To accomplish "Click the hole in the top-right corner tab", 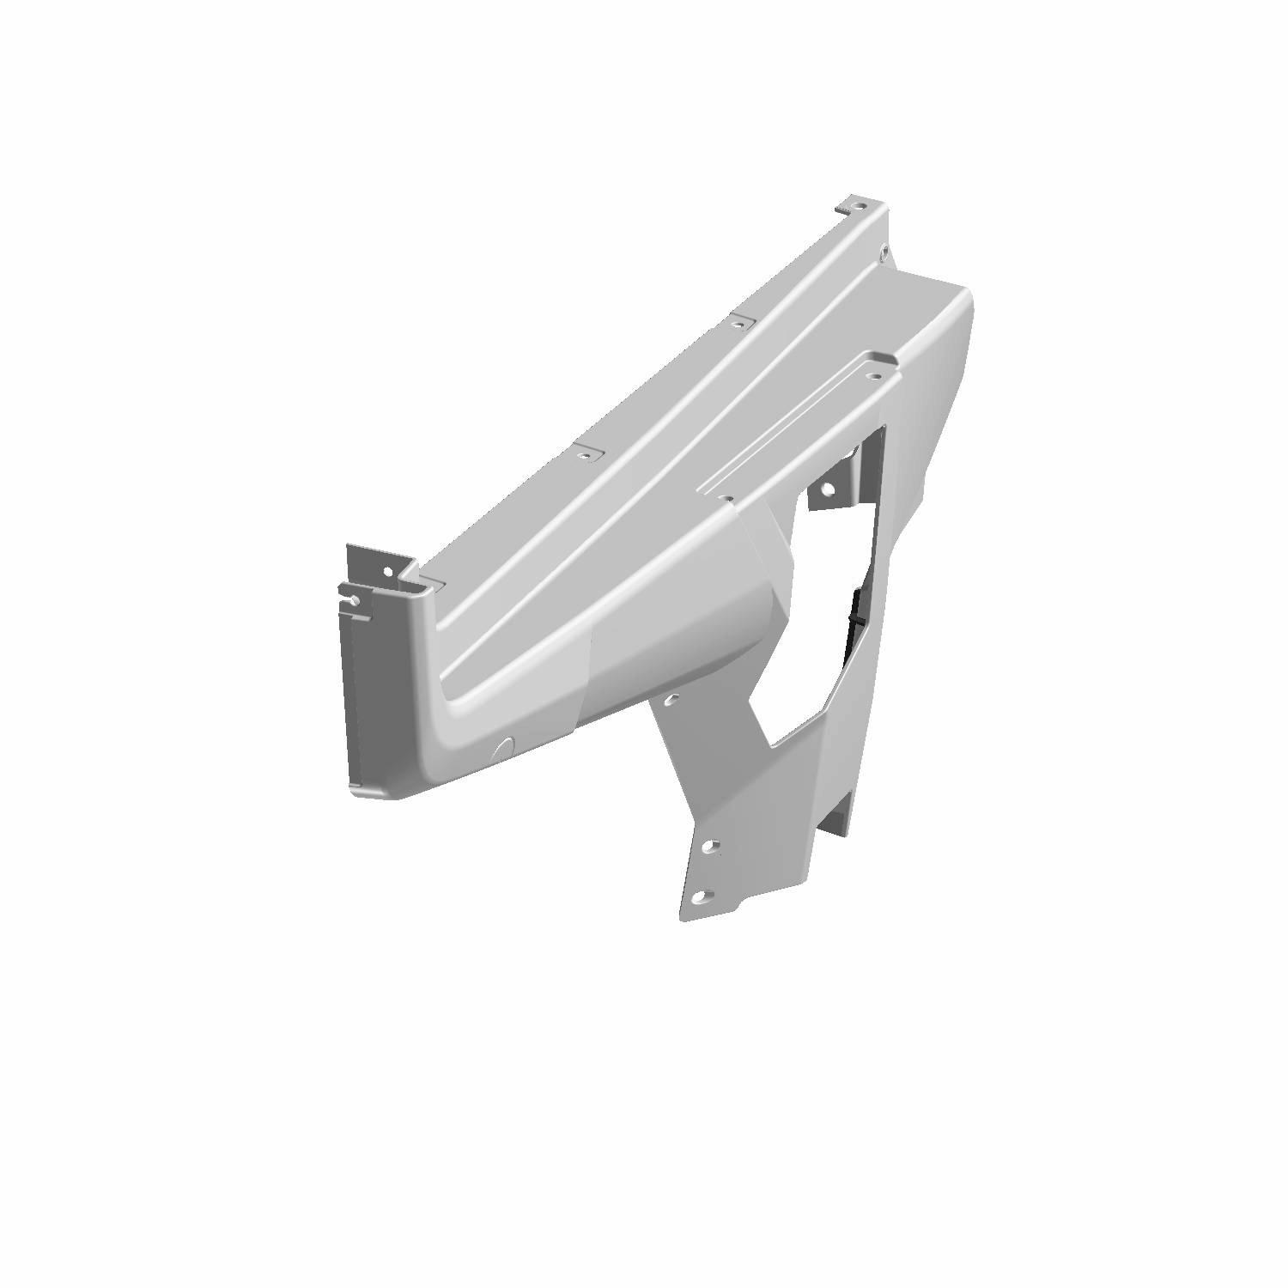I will tap(860, 207).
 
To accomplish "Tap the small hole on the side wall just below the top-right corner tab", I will tap(884, 251).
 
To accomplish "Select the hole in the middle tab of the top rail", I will tap(736, 325).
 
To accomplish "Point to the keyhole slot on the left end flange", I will tap(352, 599).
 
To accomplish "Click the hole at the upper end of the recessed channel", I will tap(873, 376).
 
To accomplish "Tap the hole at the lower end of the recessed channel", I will tap(726, 496).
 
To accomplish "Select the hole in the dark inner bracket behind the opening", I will tap(828, 490).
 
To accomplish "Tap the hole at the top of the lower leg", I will tap(672, 699).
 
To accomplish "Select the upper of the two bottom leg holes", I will tap(709, 847).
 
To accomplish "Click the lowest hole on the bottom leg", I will tap(701, 897).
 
